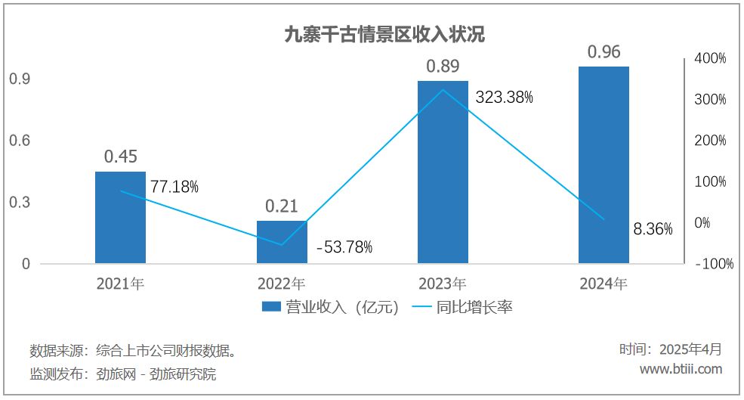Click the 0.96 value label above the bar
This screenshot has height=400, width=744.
pos(604,52)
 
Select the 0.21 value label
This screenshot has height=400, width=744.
pos(282,206)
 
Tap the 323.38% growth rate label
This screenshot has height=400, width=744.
pos(505,97)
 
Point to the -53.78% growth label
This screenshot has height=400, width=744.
pos(344,247)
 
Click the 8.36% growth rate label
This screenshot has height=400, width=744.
pos(653,229)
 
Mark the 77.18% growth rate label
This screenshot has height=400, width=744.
pos(174,186)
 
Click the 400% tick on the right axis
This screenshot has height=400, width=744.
pos(711,58)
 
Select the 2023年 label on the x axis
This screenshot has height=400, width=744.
pos(443,284)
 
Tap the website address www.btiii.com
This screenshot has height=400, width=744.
pos(681,369)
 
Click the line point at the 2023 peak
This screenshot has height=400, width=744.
pos(443,90)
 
